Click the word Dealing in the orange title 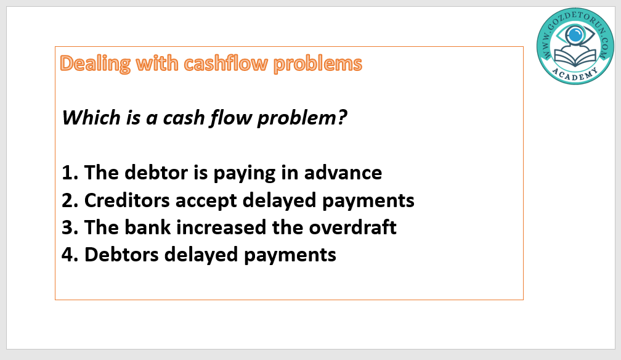click(x=95, y=64)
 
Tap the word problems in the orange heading click(x=318, y=64)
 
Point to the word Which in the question click(x=91, y=117)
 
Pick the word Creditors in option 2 click(x=127, y=200)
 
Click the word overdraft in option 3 click(x=352, y=227)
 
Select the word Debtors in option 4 click(x=121, y=255)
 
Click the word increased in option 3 click(x=221, y=227)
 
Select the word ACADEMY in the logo click(x=575, y=75)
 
